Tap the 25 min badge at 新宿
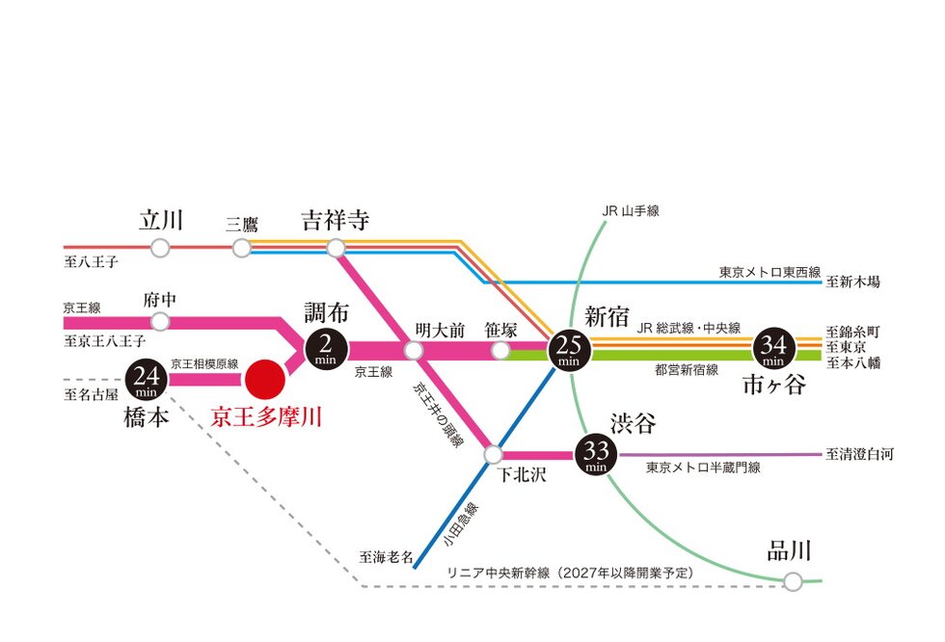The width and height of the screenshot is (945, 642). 567,348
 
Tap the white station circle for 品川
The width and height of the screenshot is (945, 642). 793,581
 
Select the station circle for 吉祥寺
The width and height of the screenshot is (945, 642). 336,248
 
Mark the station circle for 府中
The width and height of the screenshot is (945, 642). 161,321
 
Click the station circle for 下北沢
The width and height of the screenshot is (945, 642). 495,453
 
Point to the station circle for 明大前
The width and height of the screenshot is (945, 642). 415,349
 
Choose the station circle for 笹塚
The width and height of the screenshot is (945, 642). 501,349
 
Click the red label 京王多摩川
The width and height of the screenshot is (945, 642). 266,417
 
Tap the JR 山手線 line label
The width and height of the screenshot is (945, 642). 630,210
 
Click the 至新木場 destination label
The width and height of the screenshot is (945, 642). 853,282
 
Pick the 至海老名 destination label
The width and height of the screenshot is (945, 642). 386,557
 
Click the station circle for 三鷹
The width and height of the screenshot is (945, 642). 242,248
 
